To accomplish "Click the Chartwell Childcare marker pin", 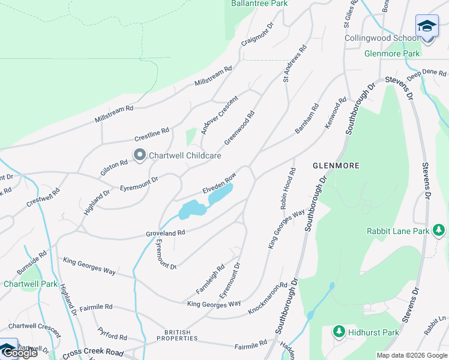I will coord(140,155).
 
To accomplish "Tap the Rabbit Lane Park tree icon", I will coord(439,230).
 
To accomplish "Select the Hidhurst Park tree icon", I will coord(339,332).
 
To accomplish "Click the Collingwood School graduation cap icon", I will coord(427,26).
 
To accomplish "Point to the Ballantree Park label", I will coord(259,4).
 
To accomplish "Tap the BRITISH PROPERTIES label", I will coord(178,335).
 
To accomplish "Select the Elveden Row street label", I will coord(219,183).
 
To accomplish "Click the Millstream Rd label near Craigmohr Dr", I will coord(212,77).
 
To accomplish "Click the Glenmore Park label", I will coord(392,53).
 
